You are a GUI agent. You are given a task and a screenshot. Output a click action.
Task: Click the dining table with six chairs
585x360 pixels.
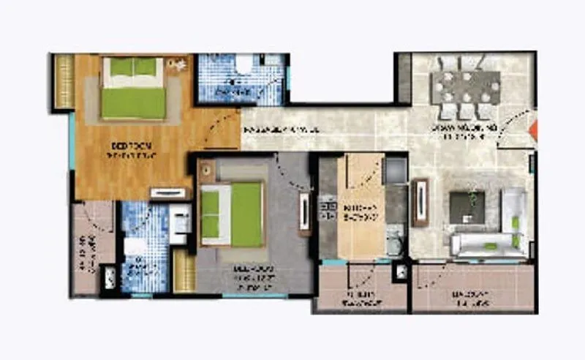(x=465, y=87)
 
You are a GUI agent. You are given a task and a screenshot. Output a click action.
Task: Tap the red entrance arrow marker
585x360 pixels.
(x=534, y=130)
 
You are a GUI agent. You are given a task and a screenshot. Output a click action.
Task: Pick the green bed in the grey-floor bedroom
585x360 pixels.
(x=233, y=214)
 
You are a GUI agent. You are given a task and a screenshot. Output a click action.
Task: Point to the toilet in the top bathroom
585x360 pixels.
(x=244, y=68)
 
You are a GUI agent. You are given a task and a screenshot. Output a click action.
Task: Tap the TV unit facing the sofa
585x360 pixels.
(x=420, y=202)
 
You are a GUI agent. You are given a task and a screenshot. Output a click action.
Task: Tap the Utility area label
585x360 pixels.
(x=358, y=299)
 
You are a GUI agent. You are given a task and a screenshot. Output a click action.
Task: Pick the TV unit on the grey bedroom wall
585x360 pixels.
(x=303, y=213)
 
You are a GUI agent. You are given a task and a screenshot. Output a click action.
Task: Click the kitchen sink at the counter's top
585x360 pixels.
(x=396, y=170)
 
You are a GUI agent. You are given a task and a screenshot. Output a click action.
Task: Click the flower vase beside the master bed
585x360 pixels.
(x=175, y=65)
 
